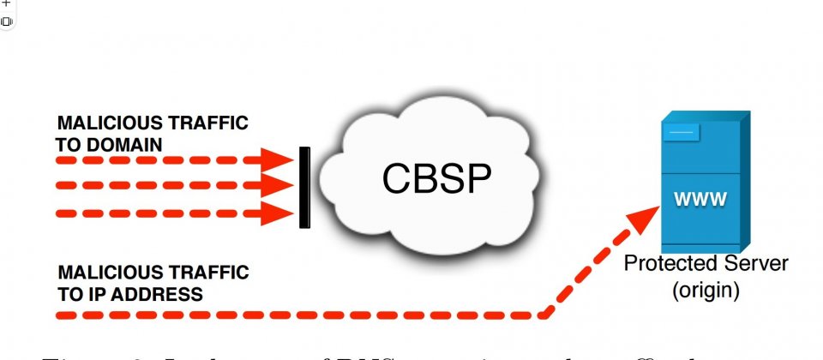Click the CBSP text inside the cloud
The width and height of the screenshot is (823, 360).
(x=436, y=177)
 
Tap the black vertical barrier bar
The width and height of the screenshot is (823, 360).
(x=303, y=187)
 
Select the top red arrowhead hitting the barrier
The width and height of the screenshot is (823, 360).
(x=278, y=159)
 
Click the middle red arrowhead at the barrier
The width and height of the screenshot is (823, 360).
(x=278, y=185)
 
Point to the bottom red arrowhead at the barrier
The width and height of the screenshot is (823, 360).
(x=278, y=213)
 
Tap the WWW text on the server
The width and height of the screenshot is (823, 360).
(x=700, y=201)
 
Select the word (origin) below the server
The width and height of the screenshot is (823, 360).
(x=705, y=290)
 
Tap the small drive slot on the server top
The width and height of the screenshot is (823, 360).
(x=682, y=133)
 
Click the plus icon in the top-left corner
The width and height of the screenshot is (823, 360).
(x=5, y=3)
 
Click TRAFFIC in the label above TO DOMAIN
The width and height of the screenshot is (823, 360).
(x=209, y=123)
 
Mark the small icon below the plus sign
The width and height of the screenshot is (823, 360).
(x=6, y=21)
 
